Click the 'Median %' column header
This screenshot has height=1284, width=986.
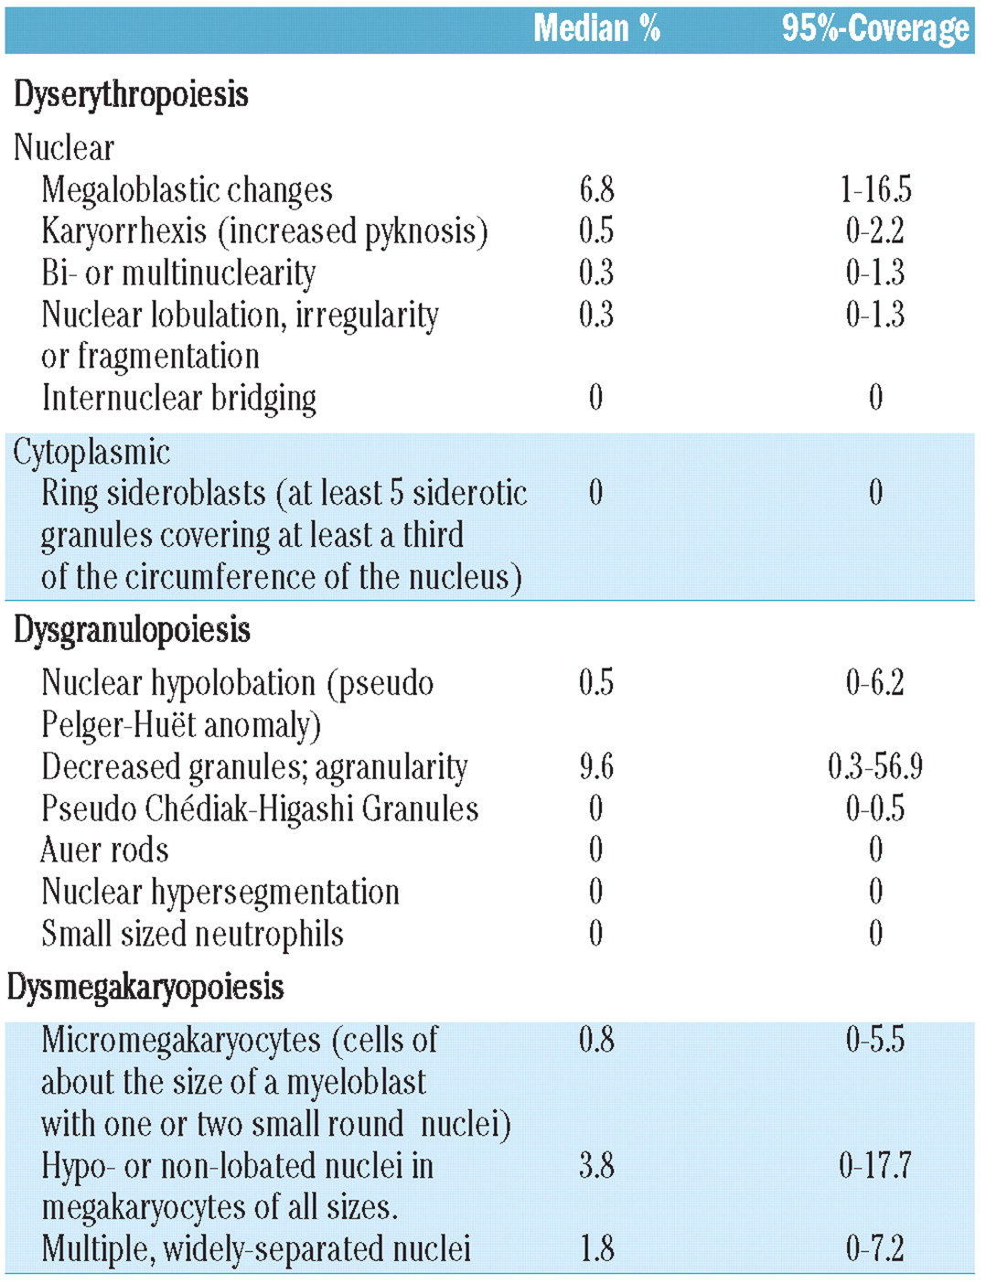click(596, 28)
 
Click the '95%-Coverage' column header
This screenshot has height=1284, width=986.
click(874, 28)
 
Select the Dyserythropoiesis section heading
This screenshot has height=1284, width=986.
click(131, 94)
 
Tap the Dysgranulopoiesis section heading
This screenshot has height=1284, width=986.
click(132, 630)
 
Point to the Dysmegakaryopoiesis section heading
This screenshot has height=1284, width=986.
click(145, 988)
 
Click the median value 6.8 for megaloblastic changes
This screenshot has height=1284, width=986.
click(596, 190)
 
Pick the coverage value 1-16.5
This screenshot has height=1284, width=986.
click(875, 190)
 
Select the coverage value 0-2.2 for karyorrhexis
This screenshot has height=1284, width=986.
click(875, 231)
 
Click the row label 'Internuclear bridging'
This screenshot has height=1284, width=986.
click(179, 399)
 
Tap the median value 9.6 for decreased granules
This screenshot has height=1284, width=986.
click(596, 766)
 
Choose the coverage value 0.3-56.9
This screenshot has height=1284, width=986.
click(875, 766)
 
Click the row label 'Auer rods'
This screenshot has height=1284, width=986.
click(105, 851)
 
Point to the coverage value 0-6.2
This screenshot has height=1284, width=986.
click(875, 683)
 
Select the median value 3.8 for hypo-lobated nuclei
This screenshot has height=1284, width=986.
click(596, 1166)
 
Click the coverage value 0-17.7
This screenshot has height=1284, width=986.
click(875, 1166)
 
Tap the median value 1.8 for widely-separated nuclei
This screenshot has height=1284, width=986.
click(596, 1249)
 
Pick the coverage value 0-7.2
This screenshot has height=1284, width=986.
click(875, 1249)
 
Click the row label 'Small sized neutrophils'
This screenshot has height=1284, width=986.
click(193, 934)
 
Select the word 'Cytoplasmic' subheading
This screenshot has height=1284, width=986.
click(91, 452)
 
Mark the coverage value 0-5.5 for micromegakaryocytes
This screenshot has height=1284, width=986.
click(875, 1040)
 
